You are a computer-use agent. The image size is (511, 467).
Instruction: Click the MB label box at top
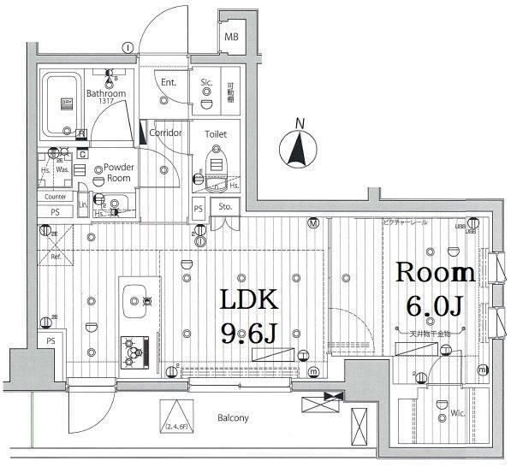(x=231, y=38)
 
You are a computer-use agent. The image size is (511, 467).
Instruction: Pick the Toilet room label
(x=216, y=134)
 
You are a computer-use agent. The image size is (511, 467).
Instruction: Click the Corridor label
(x=164, y=133)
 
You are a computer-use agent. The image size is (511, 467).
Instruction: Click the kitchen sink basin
(x=136, y=299)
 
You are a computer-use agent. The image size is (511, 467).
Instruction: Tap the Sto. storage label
(x=225, y=207)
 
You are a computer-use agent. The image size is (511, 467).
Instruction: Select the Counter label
(x=56, y=197)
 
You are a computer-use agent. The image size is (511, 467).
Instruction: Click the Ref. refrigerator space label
(x=55, y=256)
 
